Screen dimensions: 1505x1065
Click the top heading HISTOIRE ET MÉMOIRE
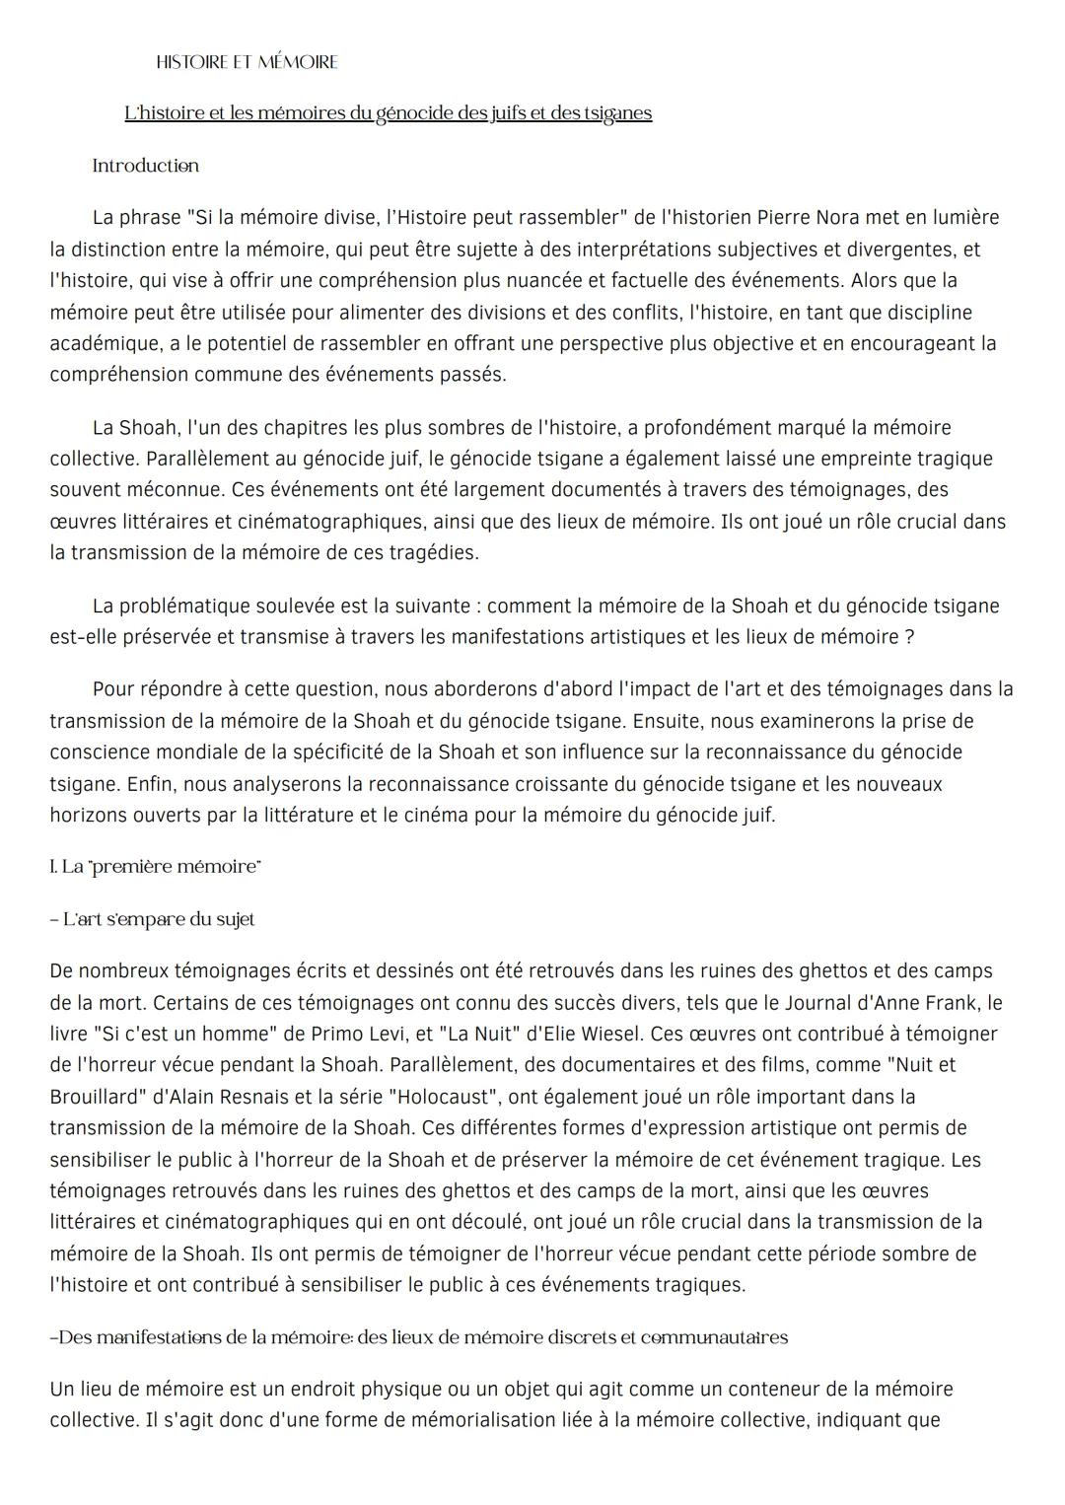click(x=247, y=62)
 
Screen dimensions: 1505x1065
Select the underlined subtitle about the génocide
click(x=388, y=113)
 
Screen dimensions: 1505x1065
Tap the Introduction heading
click(x=145, y=166)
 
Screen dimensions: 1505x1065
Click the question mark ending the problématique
click(x=908, y=637)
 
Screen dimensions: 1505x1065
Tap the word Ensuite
click(x=668, y=721)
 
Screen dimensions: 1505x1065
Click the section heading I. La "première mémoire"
click(x=155, y=867)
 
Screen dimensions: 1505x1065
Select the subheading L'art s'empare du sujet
click(x=153, y=919)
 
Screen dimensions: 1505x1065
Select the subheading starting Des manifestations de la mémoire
click(x=419, y=1337)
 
